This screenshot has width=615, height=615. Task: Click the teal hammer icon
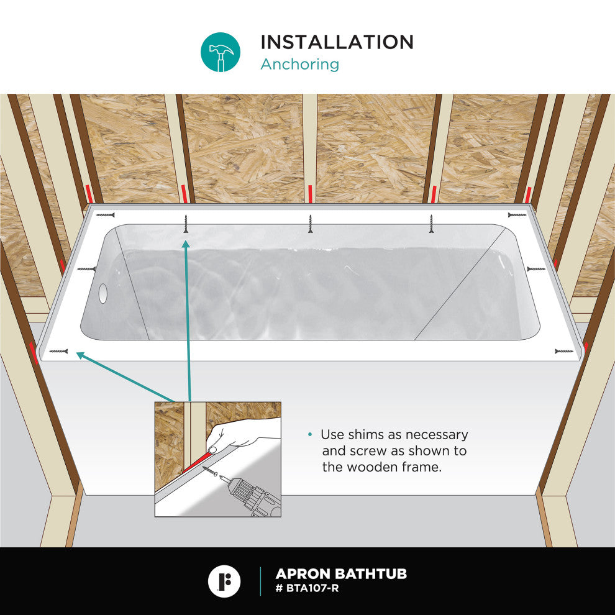[221, 52]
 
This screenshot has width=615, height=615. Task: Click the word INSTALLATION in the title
[337, 42]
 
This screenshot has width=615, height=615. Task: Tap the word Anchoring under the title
[299, 65]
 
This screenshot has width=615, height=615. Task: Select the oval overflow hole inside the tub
[102, 293]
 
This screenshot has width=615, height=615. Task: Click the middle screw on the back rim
[310, 224]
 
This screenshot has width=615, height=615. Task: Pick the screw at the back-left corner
[106, 215]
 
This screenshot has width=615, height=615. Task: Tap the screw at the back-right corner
[517, 215]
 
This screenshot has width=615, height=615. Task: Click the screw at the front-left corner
[58, 351]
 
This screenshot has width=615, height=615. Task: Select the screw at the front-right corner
[564, 351]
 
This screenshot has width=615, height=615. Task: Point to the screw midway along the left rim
[87, 269]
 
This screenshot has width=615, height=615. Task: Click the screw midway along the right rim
[535, 269]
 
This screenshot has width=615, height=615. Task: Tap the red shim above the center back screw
[310, 194]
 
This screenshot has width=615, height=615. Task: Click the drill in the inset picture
[250, 495]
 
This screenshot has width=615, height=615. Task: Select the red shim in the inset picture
[196, 462]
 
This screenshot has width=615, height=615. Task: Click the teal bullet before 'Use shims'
[310, 434]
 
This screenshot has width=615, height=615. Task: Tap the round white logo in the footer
[224, 581]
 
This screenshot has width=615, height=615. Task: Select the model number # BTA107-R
[307, 588]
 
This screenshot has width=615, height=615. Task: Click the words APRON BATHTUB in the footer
[341, 574]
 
